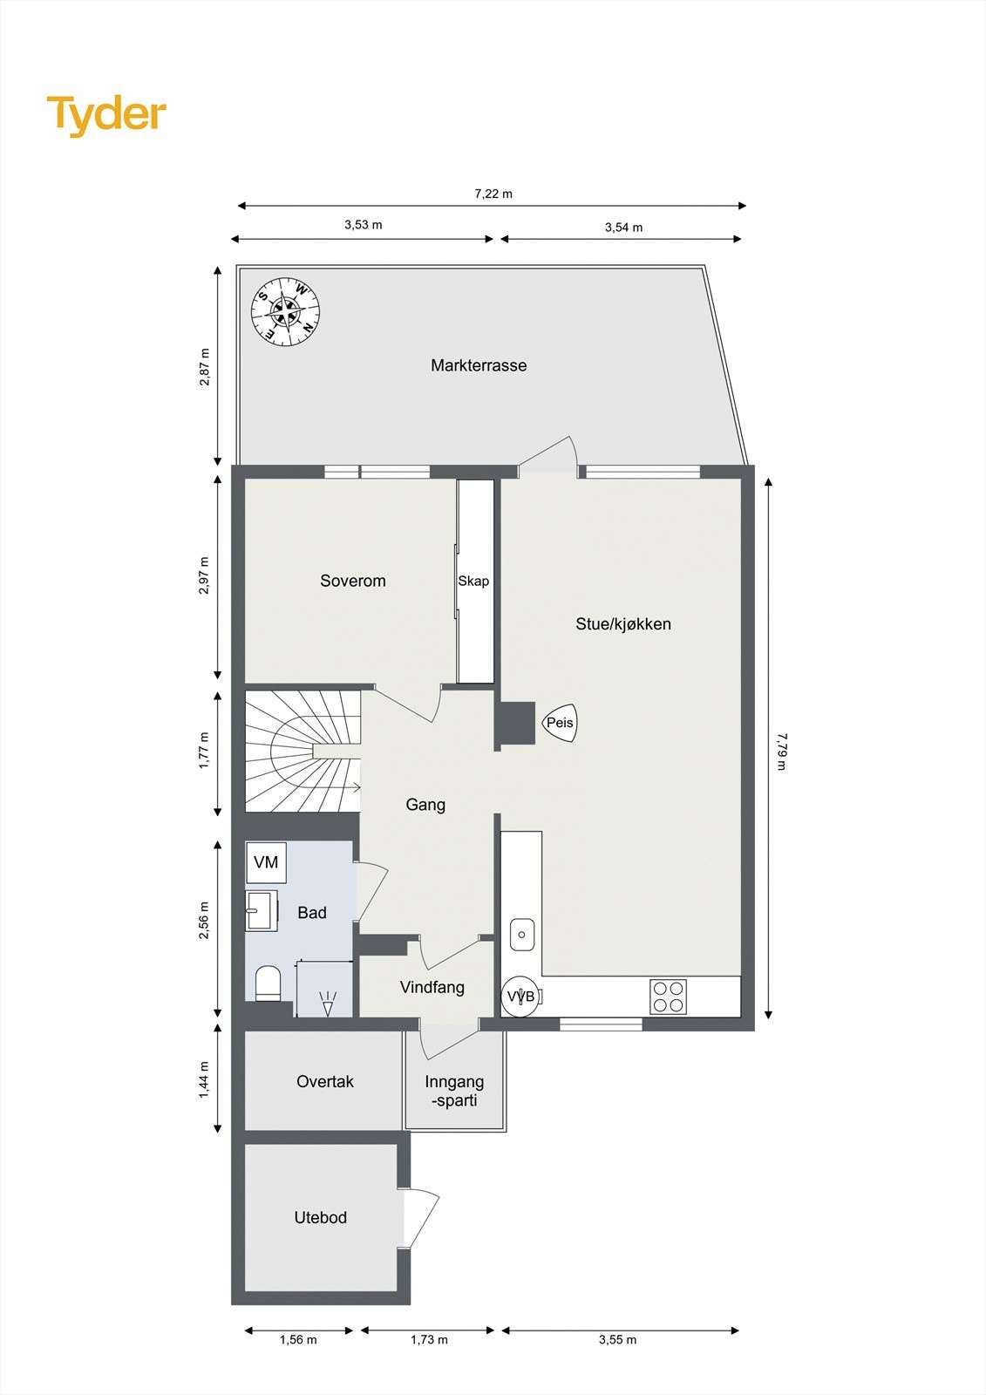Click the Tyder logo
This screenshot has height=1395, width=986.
(106, 115)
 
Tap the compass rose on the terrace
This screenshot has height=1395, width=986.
(286, 311)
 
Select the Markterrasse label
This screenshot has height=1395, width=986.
(479, 365)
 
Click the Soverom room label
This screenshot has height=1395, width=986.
(352, 581)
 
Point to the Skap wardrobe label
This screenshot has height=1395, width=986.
(473, 581)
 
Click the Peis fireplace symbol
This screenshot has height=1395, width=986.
(560, 723)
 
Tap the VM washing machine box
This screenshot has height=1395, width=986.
(266, 862)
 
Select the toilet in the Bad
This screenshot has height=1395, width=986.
(268, 983)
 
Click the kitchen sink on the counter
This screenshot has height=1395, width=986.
(521, 935)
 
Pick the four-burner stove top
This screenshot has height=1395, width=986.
(668, 997)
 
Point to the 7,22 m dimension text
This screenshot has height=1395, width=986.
(493, 194)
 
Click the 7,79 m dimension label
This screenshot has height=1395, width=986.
(781, 751)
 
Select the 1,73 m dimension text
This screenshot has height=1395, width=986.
(429, 1339)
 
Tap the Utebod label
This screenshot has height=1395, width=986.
(320, 1217)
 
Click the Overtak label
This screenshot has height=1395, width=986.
(324, 1081)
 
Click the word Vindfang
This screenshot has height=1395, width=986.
(432, 987)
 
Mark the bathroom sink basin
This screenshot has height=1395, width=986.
(260, 911)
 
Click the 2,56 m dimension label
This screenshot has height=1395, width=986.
(204, 921)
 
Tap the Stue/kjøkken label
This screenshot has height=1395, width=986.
(622, 623)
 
